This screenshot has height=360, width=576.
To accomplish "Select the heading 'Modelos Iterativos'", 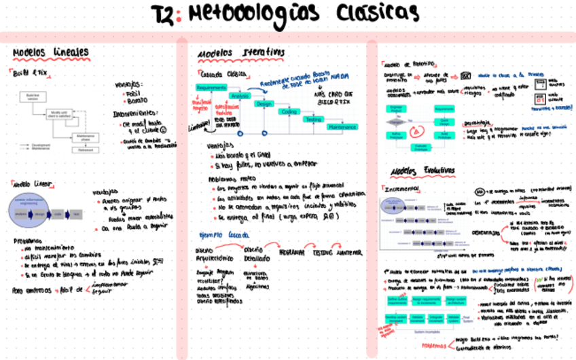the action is pyautogui.click(x=240, y=52).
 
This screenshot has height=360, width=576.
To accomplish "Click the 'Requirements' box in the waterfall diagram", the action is pyautogui.click(x=211, y=88).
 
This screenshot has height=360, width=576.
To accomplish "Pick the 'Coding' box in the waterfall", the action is pyautogui.click(x=289, y=111).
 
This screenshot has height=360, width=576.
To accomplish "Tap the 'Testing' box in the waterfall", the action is pyautogui.click(x=312, y=119).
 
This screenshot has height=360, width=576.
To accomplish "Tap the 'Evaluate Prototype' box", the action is pyautogui.click(x=420, y=147).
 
